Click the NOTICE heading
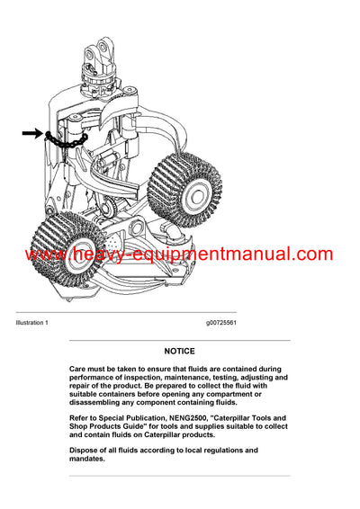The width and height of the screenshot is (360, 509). pos(180,351)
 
